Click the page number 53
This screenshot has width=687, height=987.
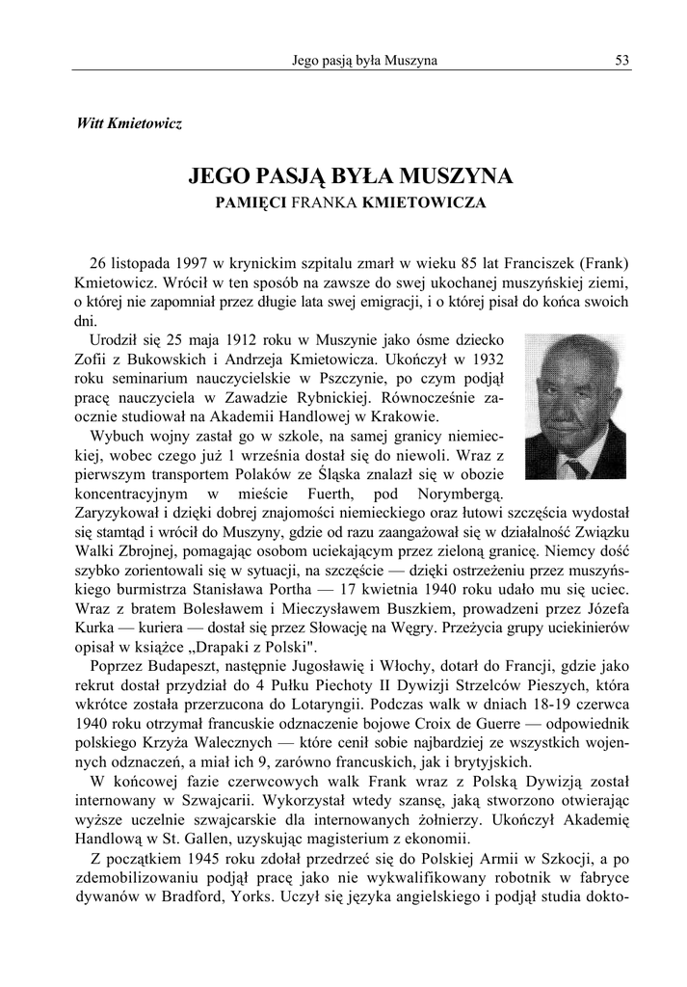622,61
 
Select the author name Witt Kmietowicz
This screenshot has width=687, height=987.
128,124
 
